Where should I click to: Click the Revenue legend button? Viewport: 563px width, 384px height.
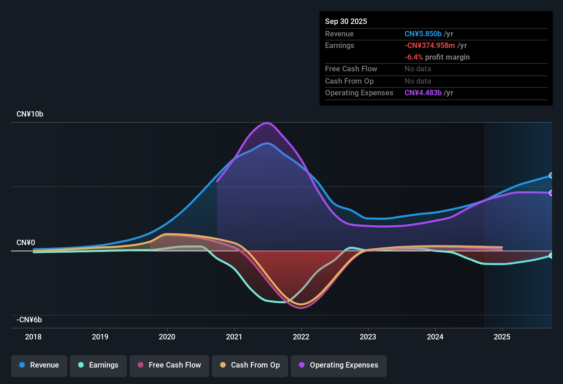(x=39, y=365)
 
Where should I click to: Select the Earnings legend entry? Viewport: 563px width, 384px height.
(x=98, y=365)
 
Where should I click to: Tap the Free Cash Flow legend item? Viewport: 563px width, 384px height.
(x=169, y=365)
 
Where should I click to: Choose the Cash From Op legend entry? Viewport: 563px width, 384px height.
(x=250, y=365)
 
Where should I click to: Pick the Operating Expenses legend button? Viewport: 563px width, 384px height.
(x=339, y=365)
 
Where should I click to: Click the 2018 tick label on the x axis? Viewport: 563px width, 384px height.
(x=33, y=337)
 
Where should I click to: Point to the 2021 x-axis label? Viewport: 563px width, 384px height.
(x=234, y=337)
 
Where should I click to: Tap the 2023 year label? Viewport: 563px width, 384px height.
(x=368, y=337)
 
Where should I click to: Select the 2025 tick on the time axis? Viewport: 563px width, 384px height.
(x=502, y=337)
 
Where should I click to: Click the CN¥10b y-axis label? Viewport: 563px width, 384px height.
(x=30, y=114)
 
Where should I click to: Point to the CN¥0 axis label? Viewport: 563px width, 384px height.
(x=26, y=243)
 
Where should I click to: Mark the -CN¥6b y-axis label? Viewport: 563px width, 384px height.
(x=29, y=320)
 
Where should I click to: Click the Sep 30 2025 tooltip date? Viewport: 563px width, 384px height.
(x=346, y=21)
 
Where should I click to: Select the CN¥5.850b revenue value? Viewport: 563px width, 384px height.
(x=423, y=34)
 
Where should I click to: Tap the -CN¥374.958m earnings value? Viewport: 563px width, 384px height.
(x=430, y=45)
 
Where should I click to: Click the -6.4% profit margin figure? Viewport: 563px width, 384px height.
(x=414, y=57)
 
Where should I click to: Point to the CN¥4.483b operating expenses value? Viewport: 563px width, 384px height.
(x=423, y=93)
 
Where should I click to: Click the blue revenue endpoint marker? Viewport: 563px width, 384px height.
(x=551, y=176)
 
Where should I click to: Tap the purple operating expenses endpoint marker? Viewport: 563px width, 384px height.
(x=551, y=193)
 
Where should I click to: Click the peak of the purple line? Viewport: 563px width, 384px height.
(x=267, y=123)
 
